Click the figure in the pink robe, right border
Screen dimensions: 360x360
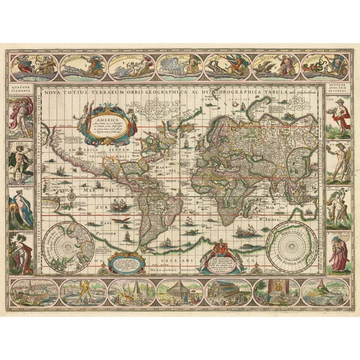point(337,252)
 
